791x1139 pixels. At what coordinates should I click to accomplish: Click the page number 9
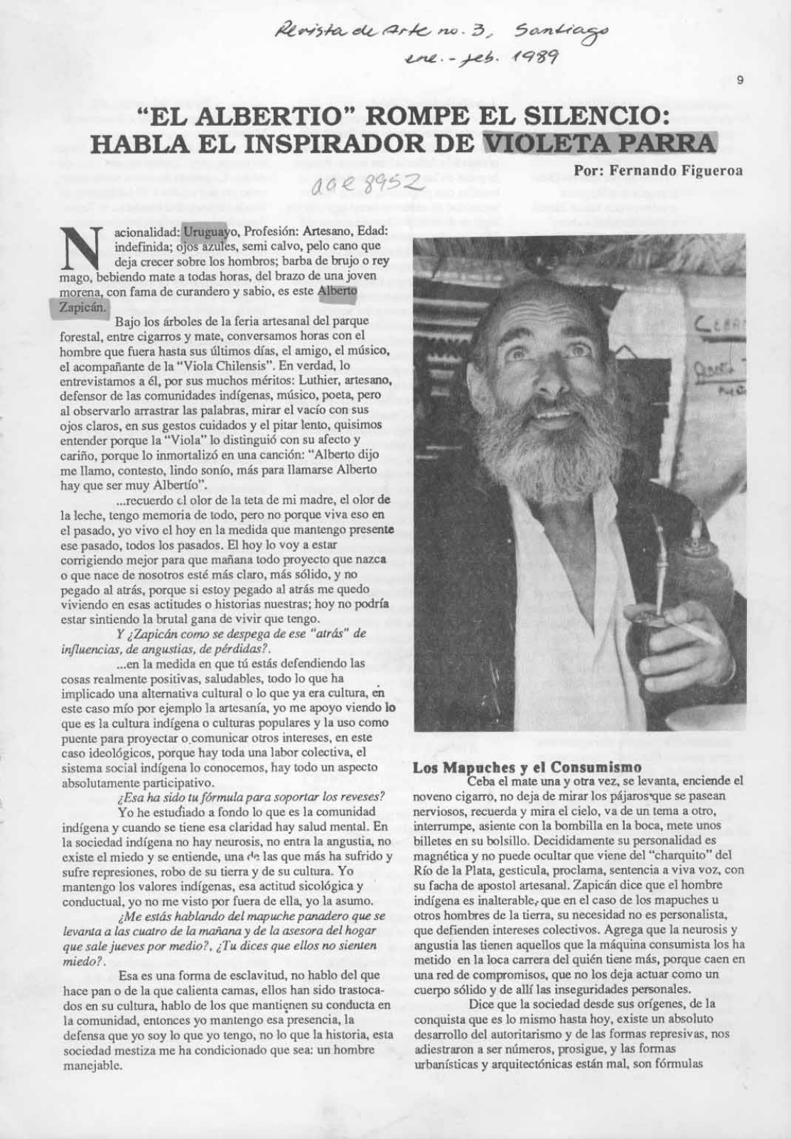coord(740,81)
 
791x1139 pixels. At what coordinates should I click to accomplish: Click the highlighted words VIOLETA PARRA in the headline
coord(598,141)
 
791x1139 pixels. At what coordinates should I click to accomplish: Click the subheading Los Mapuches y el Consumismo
coord(527,767)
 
